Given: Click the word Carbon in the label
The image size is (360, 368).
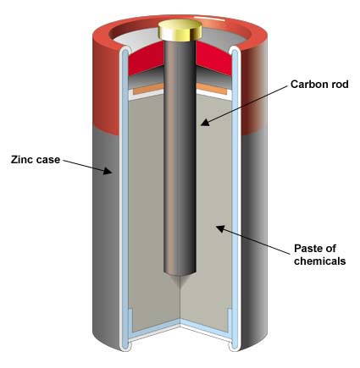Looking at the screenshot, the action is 308,84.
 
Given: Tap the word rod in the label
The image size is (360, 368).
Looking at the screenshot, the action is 340,84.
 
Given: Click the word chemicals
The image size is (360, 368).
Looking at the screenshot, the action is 320,261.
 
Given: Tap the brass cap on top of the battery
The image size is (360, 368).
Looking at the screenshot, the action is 180,30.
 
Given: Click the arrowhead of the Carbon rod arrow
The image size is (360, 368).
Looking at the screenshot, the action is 206,122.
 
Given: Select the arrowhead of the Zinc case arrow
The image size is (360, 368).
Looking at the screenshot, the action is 107,170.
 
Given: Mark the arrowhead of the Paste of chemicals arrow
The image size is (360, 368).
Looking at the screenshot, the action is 221,228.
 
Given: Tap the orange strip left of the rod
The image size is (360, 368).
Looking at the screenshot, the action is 148,89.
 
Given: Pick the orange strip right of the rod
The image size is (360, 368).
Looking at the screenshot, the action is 212,89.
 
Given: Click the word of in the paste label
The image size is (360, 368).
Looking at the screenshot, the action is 331,249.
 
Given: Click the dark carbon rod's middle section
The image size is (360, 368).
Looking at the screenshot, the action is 180,158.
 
